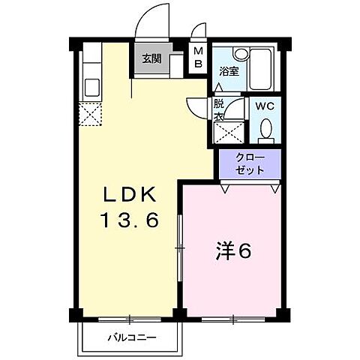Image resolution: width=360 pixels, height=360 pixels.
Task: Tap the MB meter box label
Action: click(x=198, y=58)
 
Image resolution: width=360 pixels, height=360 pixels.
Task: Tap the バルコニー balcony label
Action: click(x=130, y=337)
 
